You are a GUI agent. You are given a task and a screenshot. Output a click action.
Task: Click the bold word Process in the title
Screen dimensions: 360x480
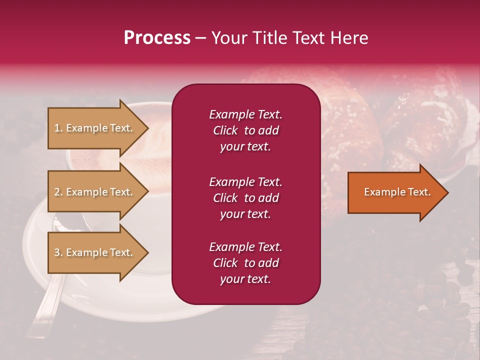point(157,38)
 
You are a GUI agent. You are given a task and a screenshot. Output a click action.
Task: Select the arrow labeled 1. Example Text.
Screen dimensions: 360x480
point(95,128)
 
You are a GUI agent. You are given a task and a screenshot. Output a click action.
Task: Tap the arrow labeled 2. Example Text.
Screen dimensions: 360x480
point(95,192)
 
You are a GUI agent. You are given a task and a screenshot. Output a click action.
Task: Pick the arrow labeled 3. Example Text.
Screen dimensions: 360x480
point(95,252)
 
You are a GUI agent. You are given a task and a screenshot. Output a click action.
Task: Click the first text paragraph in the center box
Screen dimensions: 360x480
point(245,130)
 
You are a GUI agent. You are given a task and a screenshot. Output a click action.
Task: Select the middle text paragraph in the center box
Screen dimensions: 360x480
point(245,198)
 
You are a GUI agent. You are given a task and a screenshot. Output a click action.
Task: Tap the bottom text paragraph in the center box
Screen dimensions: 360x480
point(245,263)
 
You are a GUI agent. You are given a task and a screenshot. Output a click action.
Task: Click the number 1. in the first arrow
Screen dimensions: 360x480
point(58,128)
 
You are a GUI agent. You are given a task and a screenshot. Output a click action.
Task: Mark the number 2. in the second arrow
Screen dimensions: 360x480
point(58,192)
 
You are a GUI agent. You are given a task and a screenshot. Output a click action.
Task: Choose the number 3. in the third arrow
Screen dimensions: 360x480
point(58,252)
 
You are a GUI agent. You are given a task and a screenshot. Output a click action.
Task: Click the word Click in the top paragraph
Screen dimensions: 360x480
point(225,130)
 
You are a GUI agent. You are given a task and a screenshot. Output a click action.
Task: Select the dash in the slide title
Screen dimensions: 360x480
point(200,38)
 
